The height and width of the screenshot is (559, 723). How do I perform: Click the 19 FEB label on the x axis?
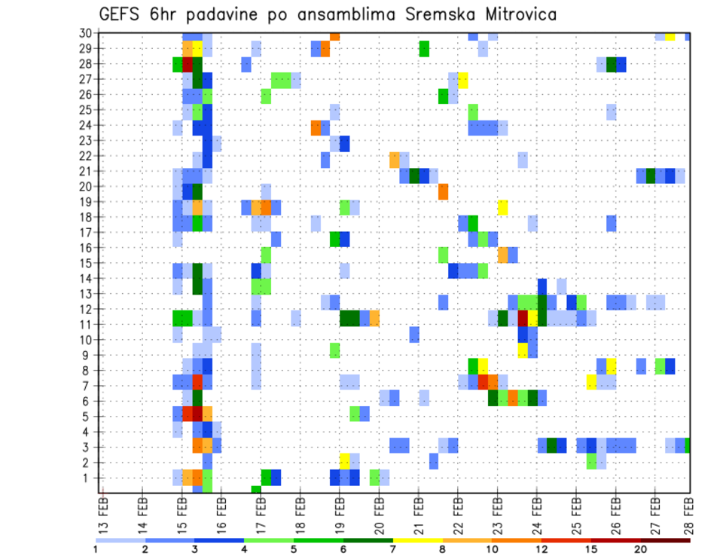click(x=340, y=514)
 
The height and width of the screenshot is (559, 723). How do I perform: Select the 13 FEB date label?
click(x=103, y=514)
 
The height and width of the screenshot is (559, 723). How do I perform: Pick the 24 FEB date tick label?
click(x=537, y=514)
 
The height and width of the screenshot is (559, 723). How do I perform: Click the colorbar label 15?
click(x=591, y=549)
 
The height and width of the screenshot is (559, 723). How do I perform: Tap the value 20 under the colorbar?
click(x=641, y=549)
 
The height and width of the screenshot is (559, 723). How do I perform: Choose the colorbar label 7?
click(x=393, y=549)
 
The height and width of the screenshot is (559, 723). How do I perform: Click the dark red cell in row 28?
click(x=188, y=64)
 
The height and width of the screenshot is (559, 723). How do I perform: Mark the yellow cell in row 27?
click(x=463, y=79)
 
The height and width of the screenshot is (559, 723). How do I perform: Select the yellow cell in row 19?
click(x=502, y=207)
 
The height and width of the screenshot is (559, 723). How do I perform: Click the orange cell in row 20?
click(x=444, y=191)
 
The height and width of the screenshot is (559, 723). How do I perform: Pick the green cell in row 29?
click(x=424, y=49)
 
